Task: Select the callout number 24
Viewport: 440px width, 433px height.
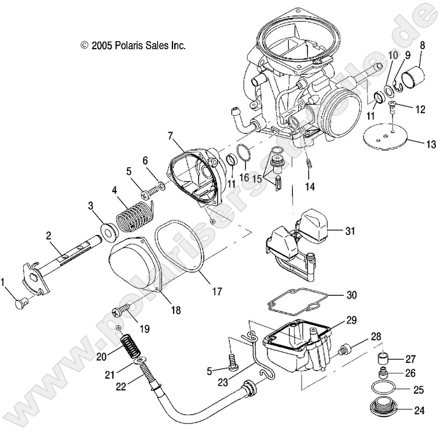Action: click(419, 412)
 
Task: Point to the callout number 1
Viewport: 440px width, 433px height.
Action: click(5, 281)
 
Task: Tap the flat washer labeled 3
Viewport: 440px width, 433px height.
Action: click(108, 229)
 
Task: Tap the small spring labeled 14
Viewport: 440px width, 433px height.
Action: click(310, 164)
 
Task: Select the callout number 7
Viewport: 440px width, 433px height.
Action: click(171, 136)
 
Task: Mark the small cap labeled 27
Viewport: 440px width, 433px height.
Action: click(382, 355)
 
